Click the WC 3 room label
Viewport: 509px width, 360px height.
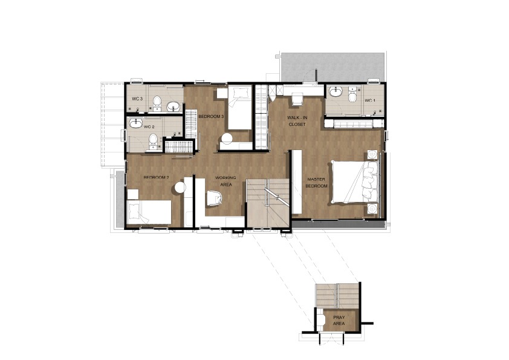[137, 99]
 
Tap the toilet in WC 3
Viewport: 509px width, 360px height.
[157, 103]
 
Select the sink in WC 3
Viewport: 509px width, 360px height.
[174, 106]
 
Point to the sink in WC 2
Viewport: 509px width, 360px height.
[136, 123]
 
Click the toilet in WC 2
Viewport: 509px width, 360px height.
[153, 143]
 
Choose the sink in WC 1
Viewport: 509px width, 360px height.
[336, 92]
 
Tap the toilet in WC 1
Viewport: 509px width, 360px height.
[353, 94]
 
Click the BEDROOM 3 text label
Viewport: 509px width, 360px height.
[211, 116]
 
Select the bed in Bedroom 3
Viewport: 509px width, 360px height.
[239, 108]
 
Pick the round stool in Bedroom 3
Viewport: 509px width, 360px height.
[227, 139]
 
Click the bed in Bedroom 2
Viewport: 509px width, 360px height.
[149, 212]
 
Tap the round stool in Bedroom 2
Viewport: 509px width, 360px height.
[180, 188]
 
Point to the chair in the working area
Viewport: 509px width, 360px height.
[214, 198]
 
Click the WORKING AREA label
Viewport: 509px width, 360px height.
[226, 181]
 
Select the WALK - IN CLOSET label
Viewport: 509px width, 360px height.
[297, 121]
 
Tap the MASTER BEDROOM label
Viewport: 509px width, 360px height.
[317, 183]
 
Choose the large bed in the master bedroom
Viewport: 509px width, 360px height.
[355, 182]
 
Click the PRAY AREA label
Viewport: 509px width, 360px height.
[339, 320]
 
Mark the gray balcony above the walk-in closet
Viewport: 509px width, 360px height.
[332, 67]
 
